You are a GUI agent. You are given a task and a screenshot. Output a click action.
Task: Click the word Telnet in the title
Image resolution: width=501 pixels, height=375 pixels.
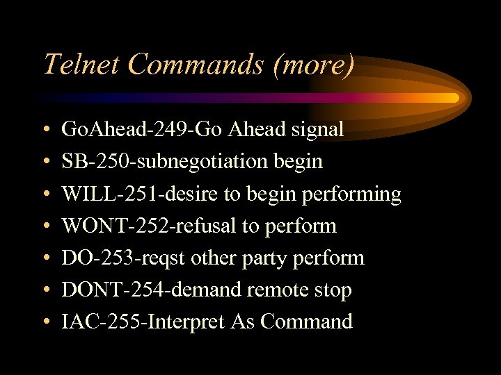pyautogui.click(x=81, y=64)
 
